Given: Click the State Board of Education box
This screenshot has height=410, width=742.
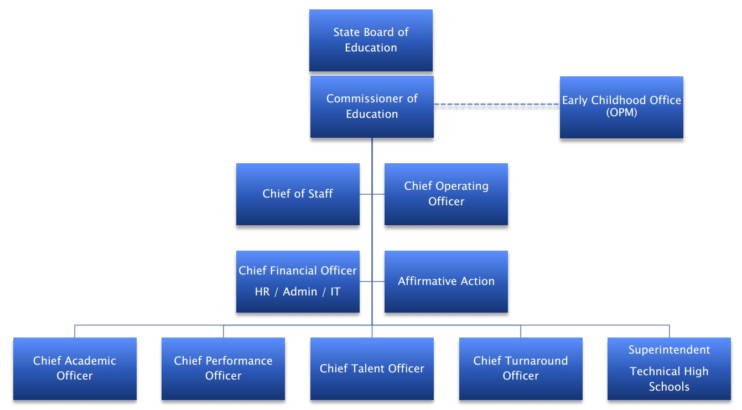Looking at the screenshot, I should point(371,40).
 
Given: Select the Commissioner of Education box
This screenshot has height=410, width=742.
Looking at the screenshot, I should point(372,107).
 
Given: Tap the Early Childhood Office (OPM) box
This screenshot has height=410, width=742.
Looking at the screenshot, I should point(621,107).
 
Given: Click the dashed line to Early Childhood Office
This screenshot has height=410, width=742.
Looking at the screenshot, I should point(496,104).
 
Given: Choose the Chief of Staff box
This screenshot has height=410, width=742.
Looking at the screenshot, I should point(298,194).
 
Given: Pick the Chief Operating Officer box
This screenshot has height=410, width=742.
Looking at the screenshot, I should point(446,194).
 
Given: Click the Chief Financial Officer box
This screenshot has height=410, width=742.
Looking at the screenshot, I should point(298,282).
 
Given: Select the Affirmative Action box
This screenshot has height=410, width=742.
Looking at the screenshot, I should point(446,282).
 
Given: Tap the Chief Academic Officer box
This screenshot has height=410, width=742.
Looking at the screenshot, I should point(75,369).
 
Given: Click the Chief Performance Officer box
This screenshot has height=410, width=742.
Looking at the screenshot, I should point(223,369).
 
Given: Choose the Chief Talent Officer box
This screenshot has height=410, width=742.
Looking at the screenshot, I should point(372,369).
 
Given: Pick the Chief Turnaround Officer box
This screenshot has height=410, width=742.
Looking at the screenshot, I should point(521,369).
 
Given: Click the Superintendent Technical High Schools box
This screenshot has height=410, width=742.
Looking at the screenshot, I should point(669,369).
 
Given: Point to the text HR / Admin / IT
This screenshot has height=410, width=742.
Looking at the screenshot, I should point(298,292).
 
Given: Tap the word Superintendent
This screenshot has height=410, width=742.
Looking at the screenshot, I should point(669,350).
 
